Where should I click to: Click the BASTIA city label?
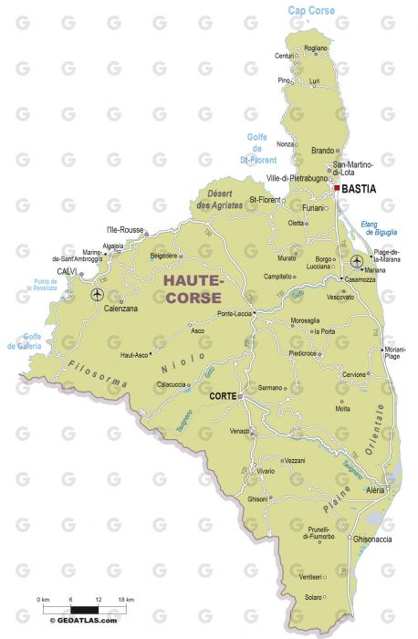359,189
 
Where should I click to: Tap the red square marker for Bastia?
336,188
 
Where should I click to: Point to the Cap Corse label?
311,11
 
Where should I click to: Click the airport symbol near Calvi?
98,294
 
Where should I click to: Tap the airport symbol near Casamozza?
356,263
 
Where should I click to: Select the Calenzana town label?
119,309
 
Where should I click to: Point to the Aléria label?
376,490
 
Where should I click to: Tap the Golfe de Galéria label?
25,342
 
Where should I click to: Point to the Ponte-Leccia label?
234,314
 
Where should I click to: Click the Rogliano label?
315,48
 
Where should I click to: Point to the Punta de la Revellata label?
41,284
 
